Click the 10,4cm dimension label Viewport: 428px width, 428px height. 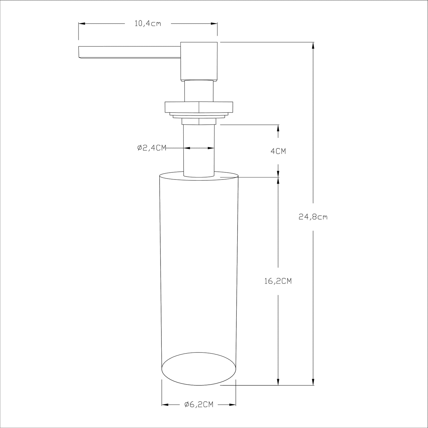point(148,23)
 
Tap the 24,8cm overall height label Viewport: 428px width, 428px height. point(313,217)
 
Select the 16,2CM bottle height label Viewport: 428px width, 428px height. point(278,281)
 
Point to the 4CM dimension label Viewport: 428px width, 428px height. point(278,151)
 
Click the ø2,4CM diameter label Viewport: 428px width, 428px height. point(152,148)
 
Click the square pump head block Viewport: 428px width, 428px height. point(199,62)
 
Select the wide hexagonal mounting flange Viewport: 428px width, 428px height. point(199,107)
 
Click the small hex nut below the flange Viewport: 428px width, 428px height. point(199,122)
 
